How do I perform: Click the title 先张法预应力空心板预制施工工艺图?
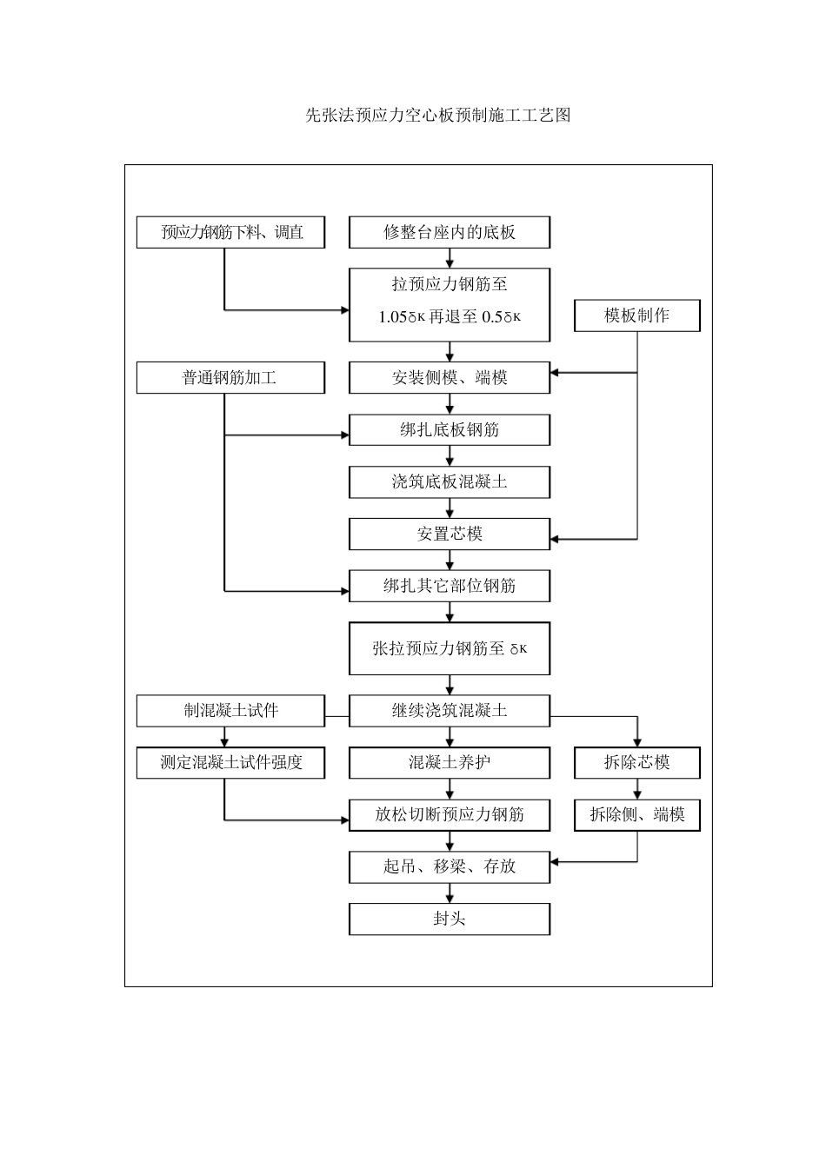437,116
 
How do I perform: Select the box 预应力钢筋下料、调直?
230,233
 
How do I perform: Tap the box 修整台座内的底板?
450,233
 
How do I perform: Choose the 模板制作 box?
636,315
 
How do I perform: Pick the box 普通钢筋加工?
230,378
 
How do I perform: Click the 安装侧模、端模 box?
450,378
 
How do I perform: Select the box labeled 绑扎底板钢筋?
450,430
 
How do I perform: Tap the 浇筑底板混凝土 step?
450,482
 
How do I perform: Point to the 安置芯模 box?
450,534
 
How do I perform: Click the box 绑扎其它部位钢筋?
450,587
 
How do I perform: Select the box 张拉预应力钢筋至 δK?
450,648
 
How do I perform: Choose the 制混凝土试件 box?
230,711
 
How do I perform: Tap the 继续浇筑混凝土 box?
450,711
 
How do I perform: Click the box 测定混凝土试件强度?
230,763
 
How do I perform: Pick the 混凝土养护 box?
450,763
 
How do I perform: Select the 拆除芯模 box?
636,763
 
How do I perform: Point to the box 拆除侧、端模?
636,815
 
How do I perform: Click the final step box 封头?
450,919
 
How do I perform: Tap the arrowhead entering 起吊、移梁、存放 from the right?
556,862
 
